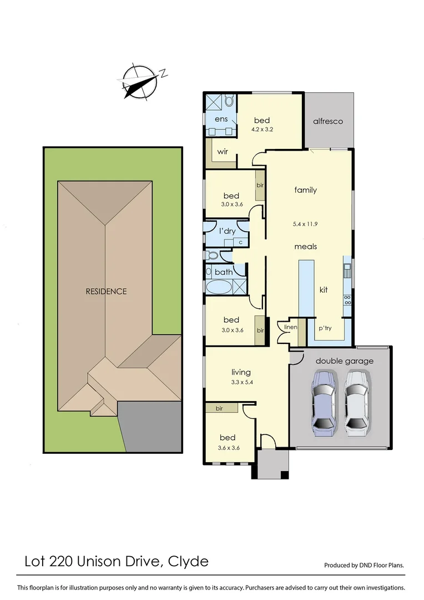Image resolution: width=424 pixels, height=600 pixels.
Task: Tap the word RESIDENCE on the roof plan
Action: pos(106,291)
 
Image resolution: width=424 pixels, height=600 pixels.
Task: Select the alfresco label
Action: pos(328,121)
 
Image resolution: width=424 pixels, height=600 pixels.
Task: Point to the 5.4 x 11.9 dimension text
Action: pos(305,224)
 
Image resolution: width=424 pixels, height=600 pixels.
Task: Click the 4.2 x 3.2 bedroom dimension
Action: pos(262,129)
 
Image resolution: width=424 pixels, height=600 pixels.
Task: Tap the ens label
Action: pos(221,119)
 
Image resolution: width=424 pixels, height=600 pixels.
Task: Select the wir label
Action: pos(223,151)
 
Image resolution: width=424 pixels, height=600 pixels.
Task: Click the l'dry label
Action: pos(228,231)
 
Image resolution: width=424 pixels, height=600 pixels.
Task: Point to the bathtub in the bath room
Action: pos(219,287)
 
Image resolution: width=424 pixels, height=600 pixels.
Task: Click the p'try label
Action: pos(325,328)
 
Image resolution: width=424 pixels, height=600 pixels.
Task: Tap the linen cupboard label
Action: pos(291,327)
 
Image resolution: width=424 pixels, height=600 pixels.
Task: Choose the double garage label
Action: pos(345,361)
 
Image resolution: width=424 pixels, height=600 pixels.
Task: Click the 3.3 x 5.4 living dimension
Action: pos(241,382)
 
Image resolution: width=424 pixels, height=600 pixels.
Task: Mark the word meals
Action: pos(306,246)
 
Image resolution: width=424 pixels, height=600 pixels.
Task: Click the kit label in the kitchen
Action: pos(324,289)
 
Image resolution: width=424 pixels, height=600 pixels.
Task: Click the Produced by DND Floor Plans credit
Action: pos(364,566)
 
